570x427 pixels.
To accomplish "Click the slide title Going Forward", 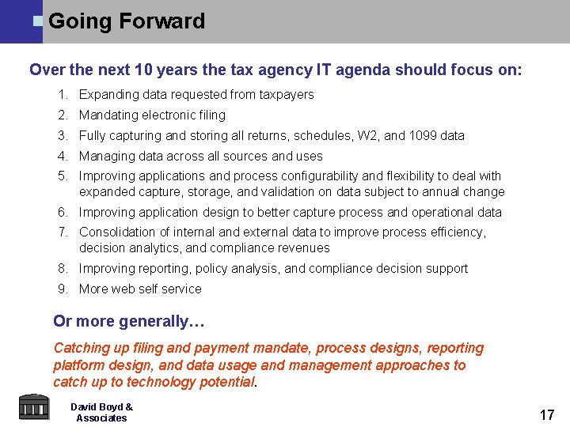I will pos(127,21).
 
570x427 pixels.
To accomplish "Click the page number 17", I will pos(546,414).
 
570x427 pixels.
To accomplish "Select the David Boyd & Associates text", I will pos(101,412).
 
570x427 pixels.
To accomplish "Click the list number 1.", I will pos(63,94).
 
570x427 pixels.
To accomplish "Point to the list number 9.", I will pos(63,289).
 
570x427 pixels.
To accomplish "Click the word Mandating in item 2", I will pos(109,115).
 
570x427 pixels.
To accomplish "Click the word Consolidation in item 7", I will pos(118,232).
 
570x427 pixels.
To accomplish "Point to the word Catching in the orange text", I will pos(81,348).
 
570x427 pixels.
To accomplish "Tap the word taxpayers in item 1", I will pos(286,94).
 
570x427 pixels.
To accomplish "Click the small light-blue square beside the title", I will pos(37,21).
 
